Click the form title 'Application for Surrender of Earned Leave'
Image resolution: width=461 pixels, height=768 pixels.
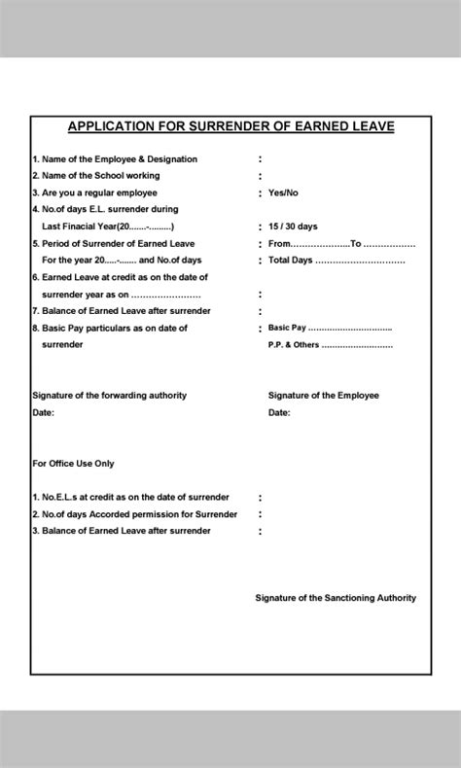pyautogui.click(x=230, y=126)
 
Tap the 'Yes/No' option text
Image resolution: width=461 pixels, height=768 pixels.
pyautogui.click(x=283, y=192)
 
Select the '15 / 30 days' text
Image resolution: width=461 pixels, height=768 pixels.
pyautogui.click(x=293, y=227)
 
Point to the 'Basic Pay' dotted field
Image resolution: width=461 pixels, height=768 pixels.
pyautogui.click(x=330, y=328)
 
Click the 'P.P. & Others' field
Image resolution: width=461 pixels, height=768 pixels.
pyautogui.click(x=330, y=345)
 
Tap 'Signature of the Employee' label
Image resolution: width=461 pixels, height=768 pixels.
pyautogui.click(x=323, y=396)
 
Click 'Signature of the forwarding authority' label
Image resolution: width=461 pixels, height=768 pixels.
pyautogui.click(x=109, y=396)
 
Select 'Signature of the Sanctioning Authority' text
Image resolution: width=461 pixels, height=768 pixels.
pyautogui.click(x=335, y=598)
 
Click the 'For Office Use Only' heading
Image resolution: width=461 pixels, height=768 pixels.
pyautogui.click(x=73, y=464)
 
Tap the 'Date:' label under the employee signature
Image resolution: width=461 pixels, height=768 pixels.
pyautogui.click(x=279, y=413)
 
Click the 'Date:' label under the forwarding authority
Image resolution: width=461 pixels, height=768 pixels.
pyautogui.click(x=44, y=413)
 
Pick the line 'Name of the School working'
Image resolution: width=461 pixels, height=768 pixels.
pyautogui.click(x=96, y=176)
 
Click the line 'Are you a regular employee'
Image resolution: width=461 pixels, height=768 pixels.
pyautogui.click(x=94, y=192)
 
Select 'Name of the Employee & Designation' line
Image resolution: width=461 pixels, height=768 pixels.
pyautogui.click(x=115, y=158)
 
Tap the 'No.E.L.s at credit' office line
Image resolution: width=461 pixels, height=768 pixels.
pyautogui.click(x=130, y=497)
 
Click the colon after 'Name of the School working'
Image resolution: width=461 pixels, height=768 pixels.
pyautogui.click(x=260, y=176)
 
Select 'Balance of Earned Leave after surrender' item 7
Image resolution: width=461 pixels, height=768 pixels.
pyautogui.click(x=122, y=311)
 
